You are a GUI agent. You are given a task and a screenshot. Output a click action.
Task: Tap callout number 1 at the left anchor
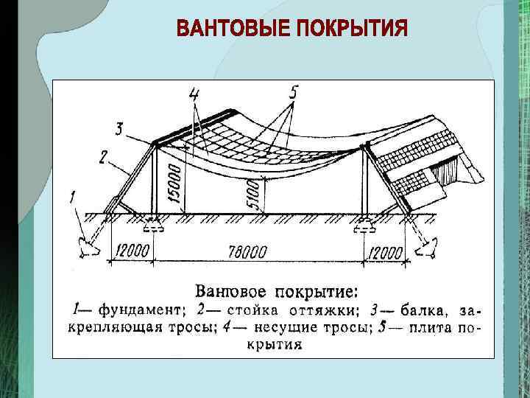pyautogui.click(x=72, y=198)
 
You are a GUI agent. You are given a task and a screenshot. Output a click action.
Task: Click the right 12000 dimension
pyautogui.click(x=384, y=253)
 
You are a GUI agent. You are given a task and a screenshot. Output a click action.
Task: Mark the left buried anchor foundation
pyautogui.click(x=88, y=245)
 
